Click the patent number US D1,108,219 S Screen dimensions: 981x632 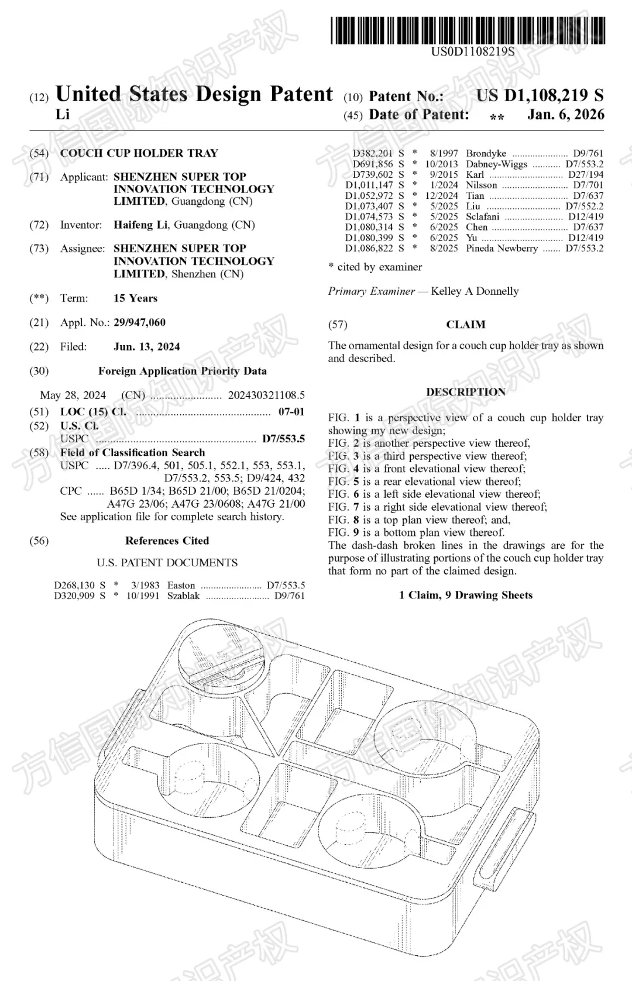click(539, 95)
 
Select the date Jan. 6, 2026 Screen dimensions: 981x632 click(565, 114)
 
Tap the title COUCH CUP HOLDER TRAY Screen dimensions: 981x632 click(139, 153)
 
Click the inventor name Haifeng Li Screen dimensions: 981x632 click(142, 225)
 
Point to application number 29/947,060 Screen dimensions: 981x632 click(139, 322)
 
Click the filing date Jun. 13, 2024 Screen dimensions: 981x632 click(146, 346)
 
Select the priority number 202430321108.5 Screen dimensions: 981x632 click(266, 395)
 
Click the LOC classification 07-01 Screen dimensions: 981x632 click(291, 412)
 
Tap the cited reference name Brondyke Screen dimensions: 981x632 click(486, 153)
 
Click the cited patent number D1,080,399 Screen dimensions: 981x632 click(369, 237)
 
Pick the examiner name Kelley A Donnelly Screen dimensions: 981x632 click(475, 291)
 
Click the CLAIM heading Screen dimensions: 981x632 click(466, 324)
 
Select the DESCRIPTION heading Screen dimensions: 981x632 click(466, 392)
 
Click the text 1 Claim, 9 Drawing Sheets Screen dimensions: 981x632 click(466, 595)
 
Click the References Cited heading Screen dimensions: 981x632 click(167, 541)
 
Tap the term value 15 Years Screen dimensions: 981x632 click(135, 298)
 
